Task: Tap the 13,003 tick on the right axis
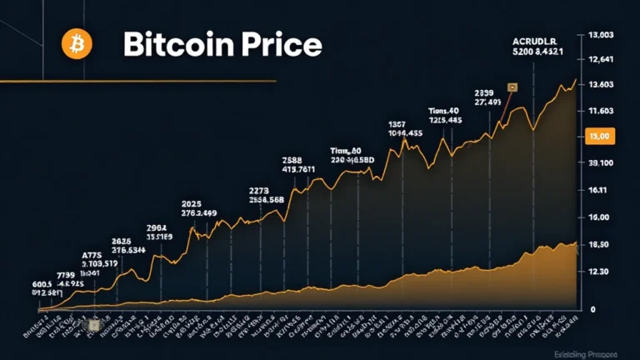[x=601, y=35]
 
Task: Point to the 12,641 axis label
[x=601, y=59]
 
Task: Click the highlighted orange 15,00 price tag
[x=600, y=136]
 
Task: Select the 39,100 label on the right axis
[x=601, y=163]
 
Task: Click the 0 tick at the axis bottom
[x=592, y=309]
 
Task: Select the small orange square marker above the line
[x=512, y=87]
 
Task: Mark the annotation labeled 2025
[x=192, y=204]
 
